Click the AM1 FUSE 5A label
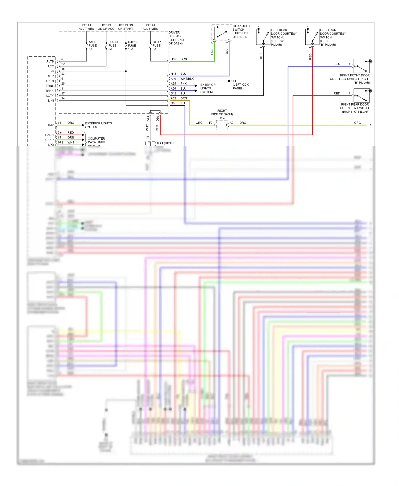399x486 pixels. click(x=92, y=45)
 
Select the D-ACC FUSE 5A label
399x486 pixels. click(x=113, y=45)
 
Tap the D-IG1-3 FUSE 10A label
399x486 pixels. click(x=133, y=45)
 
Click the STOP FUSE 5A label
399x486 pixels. click(x=156, y=45)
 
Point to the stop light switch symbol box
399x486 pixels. click(x=222, y=33)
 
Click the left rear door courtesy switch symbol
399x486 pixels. click(x=263, y=37)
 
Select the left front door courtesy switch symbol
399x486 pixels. click(x=312, y=37)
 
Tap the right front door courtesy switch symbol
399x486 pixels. click(x=361, y=66)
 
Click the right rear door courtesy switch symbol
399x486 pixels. click(x=361, y=95)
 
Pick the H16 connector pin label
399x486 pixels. click(x=173, y=59)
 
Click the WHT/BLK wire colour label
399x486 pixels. click(x=187, y=79)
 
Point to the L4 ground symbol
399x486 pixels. click(x=230, y=81)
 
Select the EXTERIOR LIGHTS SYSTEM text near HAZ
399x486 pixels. click(x=98, y=125)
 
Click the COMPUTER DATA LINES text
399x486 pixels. click(x=96, y=140)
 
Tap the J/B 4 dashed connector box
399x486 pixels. click(x=222, y=125)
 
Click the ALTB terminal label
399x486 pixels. click(x=50, y=61)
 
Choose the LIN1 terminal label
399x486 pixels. click(x=51, y=100)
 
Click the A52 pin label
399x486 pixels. click(x=173, y=98)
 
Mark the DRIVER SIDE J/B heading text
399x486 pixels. click(x=176, y=38)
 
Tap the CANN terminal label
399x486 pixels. click(x=49, y=135)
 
